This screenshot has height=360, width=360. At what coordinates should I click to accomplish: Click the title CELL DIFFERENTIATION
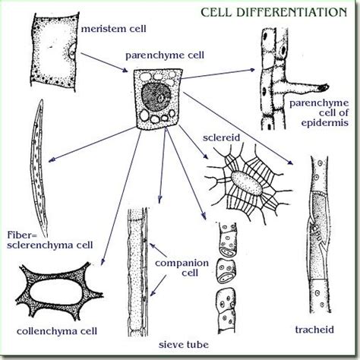coord(273,12)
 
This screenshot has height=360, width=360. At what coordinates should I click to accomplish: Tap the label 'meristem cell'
coord(113,29)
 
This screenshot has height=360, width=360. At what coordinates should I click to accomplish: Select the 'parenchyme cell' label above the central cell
coord(165,55)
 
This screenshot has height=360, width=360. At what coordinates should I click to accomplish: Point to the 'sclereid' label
coord(221,137)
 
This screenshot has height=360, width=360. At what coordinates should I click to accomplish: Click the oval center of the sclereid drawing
coord(247,184)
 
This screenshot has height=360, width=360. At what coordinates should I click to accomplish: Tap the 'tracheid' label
coord(314,330)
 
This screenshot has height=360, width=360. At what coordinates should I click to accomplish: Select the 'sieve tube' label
coord(184,344)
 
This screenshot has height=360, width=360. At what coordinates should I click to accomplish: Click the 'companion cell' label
coord(182,268)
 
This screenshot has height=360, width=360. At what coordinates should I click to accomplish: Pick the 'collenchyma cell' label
coord(57,331)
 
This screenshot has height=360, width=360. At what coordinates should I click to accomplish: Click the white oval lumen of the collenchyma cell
coord(57,292)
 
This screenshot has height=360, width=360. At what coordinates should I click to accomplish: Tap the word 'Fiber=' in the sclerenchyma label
coord(22,235)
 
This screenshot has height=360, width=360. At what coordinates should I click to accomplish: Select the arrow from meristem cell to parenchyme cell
coord(104,62)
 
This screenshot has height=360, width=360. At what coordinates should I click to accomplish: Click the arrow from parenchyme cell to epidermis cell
coord(218,74)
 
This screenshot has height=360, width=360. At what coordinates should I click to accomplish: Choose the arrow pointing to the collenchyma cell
coord(121,197)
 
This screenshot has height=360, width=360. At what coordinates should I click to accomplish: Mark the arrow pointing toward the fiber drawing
coord(92,144)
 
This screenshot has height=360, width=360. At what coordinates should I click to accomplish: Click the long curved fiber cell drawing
coord(39,167)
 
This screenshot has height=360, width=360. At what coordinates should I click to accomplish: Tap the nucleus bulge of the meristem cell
coord(72,52)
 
